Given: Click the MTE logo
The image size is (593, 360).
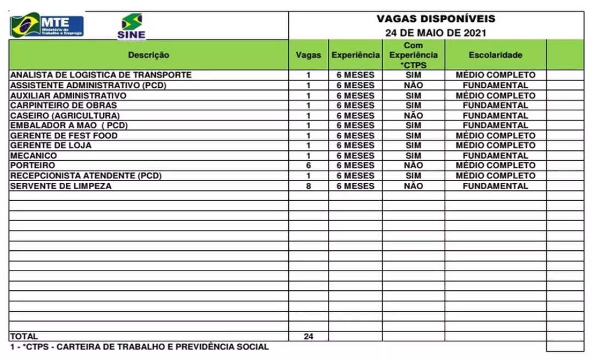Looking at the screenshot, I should pos(47,25).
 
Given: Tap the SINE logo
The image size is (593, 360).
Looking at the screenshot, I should pos(131,27).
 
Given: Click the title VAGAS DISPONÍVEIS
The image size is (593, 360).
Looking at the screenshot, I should pos(436,19).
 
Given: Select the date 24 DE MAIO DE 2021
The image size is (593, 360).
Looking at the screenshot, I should pos(436,33).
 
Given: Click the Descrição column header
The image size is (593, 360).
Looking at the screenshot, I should pos(149,55).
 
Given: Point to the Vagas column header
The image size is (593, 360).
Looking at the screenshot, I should pos(309,55).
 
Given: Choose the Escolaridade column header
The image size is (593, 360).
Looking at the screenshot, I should pos(496,55).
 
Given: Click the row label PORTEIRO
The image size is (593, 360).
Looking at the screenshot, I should pos(32,165).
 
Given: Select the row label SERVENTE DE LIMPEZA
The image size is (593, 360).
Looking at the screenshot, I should pos(61,186).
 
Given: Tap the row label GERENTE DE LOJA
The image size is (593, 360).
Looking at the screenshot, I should pos(51,145).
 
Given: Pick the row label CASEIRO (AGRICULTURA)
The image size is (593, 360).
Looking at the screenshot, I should pos(65,115).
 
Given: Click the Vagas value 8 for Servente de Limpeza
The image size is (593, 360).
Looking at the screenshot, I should pos(309,186).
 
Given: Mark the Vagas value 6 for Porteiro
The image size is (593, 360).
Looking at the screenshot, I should pos(309,165).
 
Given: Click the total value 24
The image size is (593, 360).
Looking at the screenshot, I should pos(309,336).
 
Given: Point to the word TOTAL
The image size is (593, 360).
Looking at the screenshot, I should pos(24,336).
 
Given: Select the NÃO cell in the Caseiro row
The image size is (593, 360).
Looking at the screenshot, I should pos(413,115).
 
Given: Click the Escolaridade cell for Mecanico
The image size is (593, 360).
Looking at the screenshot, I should pos(495,155).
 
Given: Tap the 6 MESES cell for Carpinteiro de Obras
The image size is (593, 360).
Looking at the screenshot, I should pos(355,105).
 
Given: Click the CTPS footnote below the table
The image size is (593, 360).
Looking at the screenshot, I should pos(139,347).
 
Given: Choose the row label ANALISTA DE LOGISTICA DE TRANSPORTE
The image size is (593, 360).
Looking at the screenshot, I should pos(100,75).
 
